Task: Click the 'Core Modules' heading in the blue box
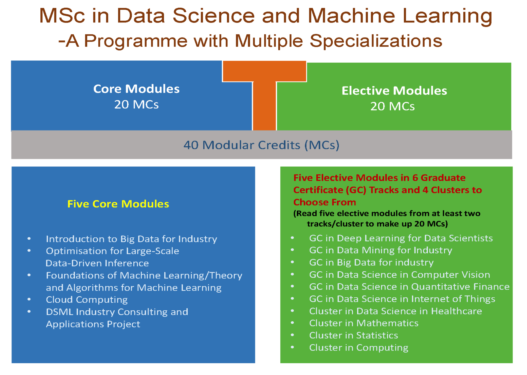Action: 136,89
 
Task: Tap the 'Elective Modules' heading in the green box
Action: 394,91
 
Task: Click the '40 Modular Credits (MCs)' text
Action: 261,145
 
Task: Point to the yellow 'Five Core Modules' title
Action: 118,204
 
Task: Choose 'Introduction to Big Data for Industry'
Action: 131,239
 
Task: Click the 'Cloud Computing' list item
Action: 87,300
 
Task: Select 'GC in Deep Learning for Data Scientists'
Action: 401,238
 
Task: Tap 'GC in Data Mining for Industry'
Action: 381,250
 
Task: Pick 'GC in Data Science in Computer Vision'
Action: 400,275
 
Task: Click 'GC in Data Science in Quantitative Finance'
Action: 409,287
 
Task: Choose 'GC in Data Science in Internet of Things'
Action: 402,299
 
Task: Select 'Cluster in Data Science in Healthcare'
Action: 395,311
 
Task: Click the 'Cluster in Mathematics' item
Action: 364,323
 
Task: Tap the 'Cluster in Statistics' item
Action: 353,335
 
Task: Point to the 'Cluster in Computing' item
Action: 359,348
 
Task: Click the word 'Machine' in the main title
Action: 351,15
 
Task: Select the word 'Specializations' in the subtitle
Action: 376,41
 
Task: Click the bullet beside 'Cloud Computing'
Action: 29,299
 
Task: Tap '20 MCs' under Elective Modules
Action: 392,106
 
